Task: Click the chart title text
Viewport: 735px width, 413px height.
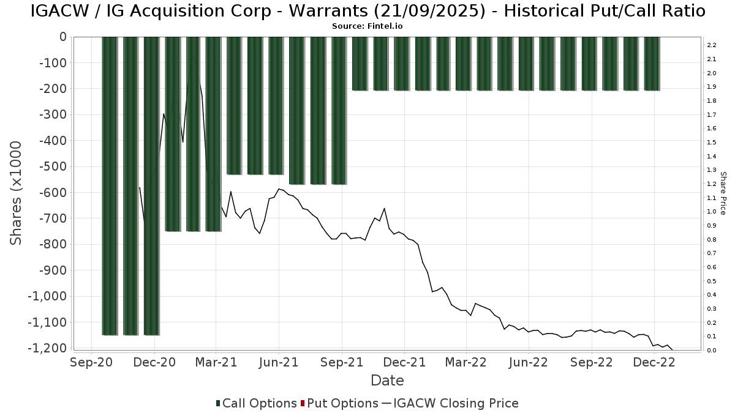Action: tap(367, 11)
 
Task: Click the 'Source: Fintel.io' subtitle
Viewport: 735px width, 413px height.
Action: tap(367, 26)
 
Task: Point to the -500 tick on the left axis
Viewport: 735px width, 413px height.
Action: tap(54, 166)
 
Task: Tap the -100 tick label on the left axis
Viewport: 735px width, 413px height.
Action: tap(54, 63)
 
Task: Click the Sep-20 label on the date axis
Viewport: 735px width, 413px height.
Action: tap(92, 362)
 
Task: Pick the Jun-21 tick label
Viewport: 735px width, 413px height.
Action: tap(279, 362)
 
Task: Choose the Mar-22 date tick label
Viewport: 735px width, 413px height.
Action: tap(466, 362)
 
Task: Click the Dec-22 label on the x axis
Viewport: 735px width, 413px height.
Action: tap(654, 362)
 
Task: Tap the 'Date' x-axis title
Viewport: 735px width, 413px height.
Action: tap(387, 381)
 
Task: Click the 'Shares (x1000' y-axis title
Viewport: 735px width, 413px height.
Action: tap(17, 193)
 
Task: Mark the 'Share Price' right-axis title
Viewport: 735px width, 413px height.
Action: tap(723, 193)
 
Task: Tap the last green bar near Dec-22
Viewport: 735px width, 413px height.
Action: tap(652, 64)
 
